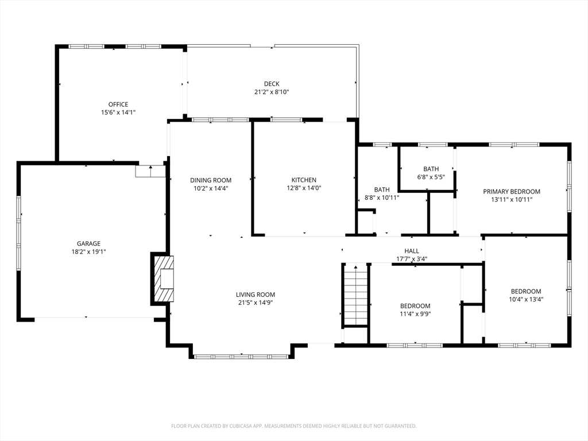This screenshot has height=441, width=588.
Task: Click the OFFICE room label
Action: pos(118,105)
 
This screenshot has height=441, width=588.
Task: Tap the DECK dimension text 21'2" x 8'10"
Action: pos(272,92)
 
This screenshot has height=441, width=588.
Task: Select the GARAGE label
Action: pos(88,243)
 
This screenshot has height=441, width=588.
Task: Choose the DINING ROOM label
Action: pos(211,180)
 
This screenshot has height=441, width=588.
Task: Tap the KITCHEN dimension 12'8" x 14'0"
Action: pos(304,188)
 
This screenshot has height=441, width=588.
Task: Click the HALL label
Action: pos(412,251)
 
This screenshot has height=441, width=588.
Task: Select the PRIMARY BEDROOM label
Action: pos(512,191)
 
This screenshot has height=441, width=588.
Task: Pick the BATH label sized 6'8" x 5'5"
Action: pos(431,169)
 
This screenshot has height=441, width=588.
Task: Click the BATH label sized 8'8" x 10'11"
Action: pos(382,189)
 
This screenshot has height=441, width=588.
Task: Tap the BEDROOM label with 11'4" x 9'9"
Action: pos(415,305)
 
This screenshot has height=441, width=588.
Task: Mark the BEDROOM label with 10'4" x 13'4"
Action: pos(526,291)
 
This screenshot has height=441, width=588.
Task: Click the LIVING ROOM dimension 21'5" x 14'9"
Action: pos(256,303)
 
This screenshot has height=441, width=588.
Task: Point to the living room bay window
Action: pos(242,357)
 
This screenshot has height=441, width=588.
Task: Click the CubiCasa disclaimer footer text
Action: pos(294,426)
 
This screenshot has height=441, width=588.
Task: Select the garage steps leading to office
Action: pos(150,171)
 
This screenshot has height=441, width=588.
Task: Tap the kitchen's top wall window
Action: pos(286,119)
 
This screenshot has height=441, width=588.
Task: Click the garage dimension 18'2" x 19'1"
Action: pos(88,252)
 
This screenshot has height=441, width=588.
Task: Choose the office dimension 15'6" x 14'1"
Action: pos(118,112)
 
